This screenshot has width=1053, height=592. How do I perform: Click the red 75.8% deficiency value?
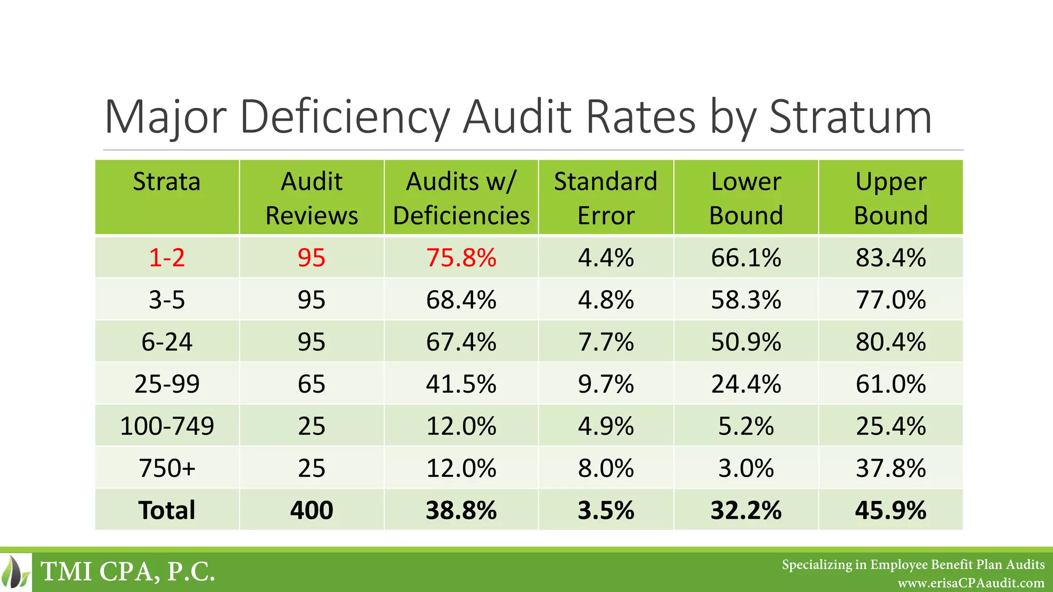461,257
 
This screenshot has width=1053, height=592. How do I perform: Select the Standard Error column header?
606,198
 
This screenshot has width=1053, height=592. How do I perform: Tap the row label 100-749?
167,426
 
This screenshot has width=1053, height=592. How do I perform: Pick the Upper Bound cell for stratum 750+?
891,468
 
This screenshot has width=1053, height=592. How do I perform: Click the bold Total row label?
167,510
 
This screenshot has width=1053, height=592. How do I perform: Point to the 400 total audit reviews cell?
312,510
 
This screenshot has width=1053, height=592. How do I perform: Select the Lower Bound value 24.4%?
746,384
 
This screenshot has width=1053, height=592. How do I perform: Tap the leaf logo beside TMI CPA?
15,572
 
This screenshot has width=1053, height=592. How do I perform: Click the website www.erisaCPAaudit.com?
971,583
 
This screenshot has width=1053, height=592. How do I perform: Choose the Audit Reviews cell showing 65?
312,384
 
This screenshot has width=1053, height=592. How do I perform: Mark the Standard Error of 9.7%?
606,384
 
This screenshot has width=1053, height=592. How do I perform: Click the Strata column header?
167,182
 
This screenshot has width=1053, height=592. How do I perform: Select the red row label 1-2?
167,257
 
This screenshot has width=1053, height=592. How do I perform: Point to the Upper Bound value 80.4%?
891,342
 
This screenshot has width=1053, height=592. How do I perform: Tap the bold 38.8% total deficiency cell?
461,510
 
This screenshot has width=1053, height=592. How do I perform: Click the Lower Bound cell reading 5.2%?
746,426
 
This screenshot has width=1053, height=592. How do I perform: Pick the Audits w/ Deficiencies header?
461,198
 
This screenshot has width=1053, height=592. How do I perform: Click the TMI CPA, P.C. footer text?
128,571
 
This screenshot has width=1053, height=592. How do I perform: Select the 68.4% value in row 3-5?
461,300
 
